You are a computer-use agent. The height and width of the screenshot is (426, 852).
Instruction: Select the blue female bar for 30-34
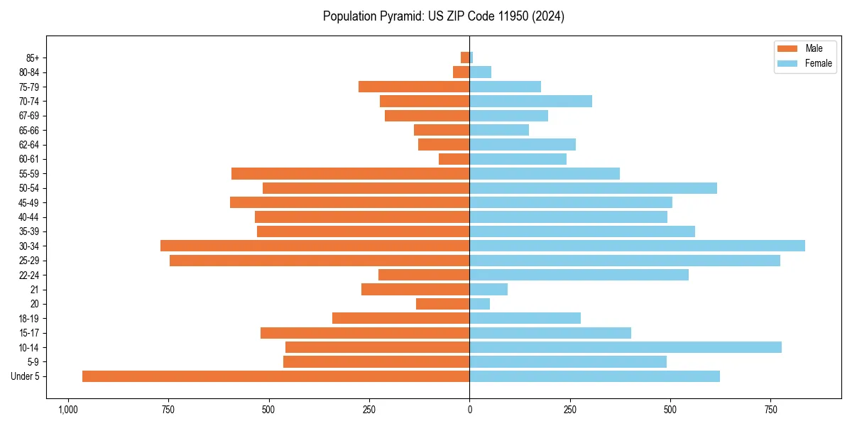[637, 246]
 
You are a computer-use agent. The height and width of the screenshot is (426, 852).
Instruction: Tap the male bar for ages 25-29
[319, 261]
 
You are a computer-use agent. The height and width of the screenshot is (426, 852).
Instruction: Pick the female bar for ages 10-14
[626, 347]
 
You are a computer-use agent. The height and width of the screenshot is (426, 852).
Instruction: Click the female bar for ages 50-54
[593, 188]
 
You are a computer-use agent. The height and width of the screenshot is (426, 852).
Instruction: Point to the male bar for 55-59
[350, 174]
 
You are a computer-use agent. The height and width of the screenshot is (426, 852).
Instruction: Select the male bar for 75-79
[414, 87]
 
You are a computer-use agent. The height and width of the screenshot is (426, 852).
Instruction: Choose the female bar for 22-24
[579, 275]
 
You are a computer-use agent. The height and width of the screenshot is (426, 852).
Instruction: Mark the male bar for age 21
[415, 290]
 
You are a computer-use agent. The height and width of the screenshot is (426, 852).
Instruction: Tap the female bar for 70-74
[530, 102]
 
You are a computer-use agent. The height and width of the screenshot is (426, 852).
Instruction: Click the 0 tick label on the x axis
[469, 410]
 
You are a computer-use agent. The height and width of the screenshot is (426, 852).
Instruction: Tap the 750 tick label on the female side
[770, 410]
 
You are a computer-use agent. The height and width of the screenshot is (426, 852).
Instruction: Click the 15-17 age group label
[28, 333]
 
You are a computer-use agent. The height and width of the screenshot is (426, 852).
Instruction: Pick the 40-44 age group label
[28, 217]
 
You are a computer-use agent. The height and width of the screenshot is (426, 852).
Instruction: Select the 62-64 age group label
[28, 145]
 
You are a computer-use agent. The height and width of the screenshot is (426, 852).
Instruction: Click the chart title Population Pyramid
[443, 16]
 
